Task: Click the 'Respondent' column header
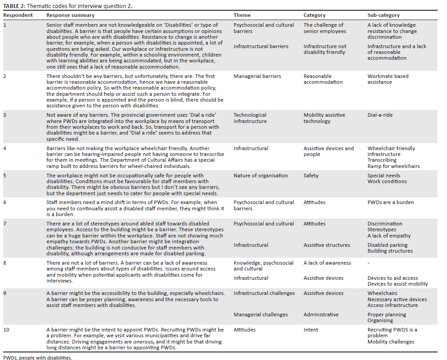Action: click(x=18, y=15)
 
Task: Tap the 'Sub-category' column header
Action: click(x=383, y=15)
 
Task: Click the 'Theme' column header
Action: click(x=242, y=15)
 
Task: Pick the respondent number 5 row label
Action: click(x=5, y=176)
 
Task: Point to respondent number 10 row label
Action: click(x=6, y=330)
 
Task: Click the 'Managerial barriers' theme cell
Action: click(x=257, y=76)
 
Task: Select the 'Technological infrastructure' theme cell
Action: click(x=250, y=118)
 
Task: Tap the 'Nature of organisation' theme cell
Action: click(x=261, y=176)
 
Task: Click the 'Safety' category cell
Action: click(x=311, y=176)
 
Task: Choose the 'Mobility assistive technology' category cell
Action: click(x=324, y=118)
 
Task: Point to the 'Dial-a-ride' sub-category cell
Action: click(x=380, y=115)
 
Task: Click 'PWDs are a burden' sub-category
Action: click(x=390, y=202)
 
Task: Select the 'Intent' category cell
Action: click(x=311, y=330)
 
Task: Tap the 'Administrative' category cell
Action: click(x=321, y=315)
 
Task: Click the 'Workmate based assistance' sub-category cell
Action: click(x=388, y=79)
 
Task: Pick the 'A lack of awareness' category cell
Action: click(x=327, y=263)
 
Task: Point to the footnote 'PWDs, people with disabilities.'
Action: click(x=37, y=357)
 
